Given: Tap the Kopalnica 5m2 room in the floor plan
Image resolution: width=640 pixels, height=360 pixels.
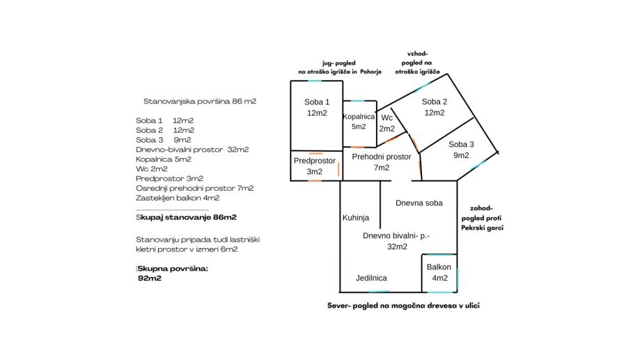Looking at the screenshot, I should click(x=359, y=122).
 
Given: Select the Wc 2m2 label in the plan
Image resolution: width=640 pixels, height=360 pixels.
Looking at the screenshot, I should click(x=387, y=123).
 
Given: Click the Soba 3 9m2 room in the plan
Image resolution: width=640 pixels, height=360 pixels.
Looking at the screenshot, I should click(x=461, y=150).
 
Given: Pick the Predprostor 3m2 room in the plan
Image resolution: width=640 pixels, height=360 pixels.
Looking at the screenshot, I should click(x=315, y=166).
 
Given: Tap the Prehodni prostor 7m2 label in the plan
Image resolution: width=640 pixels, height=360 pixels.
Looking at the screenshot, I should click(x=381, y=162).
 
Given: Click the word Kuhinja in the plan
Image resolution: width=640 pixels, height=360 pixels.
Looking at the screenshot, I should click(x=355, y=218).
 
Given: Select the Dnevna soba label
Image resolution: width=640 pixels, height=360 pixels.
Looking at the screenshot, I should click(x=419, y=203).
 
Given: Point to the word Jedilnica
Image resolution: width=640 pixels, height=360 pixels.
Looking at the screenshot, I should click(x=371, y=278).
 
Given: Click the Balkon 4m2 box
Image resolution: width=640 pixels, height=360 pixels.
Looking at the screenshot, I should click(x=439, y=272).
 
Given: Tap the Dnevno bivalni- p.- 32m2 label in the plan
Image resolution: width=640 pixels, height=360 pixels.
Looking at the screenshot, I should click(x=396, y=241).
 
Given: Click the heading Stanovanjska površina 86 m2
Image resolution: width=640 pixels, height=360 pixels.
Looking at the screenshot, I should click(x=200, y=101).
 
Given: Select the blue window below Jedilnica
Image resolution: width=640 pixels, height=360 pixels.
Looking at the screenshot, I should click(x=378, y=291).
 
